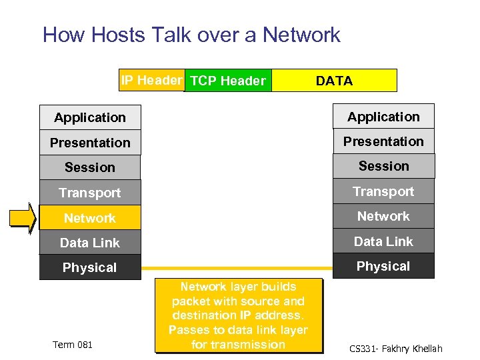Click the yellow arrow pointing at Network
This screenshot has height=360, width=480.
coord(21,219)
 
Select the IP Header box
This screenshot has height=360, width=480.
coord(151,81)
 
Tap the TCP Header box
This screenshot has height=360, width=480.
coord(228,81)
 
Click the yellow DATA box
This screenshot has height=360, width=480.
coord(334,81)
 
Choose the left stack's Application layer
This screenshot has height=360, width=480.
coord(90,117)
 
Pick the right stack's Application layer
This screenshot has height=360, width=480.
coord(383,117)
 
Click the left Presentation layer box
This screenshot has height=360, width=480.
coord(90,143)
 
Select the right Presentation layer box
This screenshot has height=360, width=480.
coord(383,141)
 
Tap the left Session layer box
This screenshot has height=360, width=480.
coord(90,167)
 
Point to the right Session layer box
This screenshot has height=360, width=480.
coord(383,166)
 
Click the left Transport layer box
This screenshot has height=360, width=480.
coord(90,193)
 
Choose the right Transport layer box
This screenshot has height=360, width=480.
coord(383,191)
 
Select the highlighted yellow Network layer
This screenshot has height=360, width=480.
coord(90,218)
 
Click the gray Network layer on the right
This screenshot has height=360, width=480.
coord(383,216)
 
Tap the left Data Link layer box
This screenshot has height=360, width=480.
coord(90,243)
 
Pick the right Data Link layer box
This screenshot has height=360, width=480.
coord(383,241)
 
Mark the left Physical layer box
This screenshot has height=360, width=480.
coord(90,267)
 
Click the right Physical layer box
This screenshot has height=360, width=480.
coord(383,266)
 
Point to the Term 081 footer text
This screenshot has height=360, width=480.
coord(73,344)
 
